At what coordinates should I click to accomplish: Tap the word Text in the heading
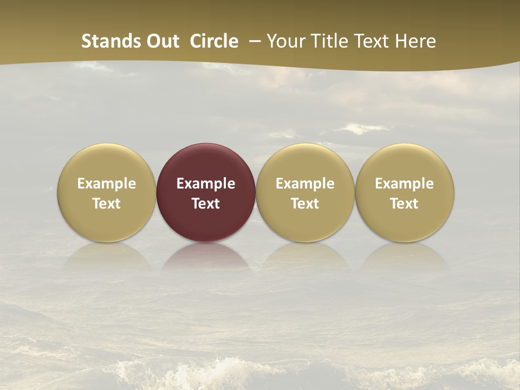click(x=368, y=41)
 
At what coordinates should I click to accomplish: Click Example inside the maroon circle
click(x=206, y=184)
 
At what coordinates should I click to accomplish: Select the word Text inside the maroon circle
click(x=206, y=204)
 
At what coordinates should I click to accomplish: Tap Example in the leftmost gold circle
click(x=107, y=184)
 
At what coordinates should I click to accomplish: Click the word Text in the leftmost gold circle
click(x=107, y=204)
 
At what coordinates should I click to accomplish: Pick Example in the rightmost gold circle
click(x=405, y=184)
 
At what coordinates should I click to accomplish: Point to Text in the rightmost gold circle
click(x=405, y=204)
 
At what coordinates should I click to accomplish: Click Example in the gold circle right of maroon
click(x=305, y=184)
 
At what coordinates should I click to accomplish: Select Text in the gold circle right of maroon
click(x=305, y=204)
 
